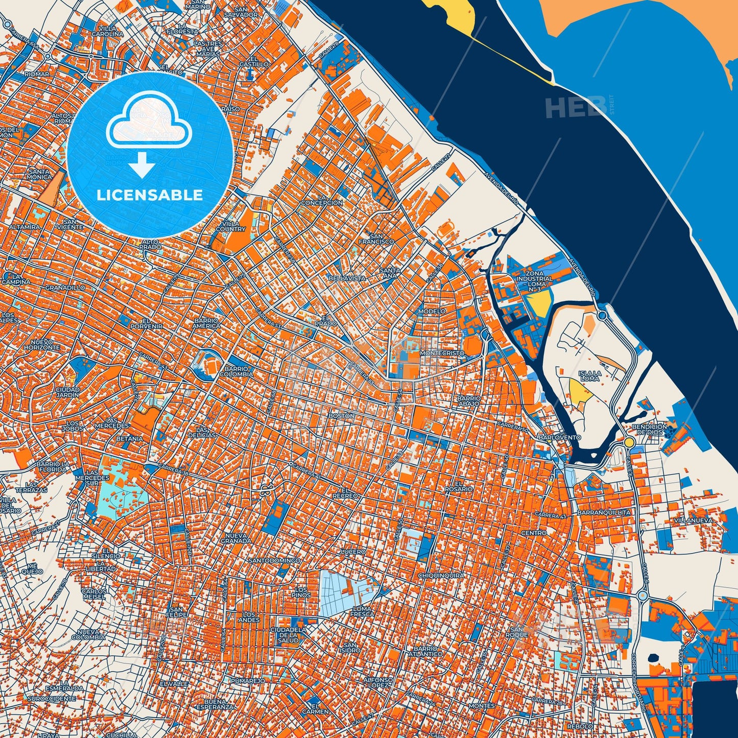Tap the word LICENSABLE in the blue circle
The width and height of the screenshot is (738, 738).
[x=150, y=195]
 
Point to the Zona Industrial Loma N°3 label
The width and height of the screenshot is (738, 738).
[x=534, y=280]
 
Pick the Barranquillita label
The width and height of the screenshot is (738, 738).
[x=604, y=512]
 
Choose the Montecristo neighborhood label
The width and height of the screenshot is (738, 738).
[x=442, y=353]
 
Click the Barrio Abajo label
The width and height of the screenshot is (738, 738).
[x=469, y=400]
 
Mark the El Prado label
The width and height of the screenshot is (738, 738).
[x=326, y=320]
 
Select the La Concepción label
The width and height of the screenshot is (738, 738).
[x=322, y=200]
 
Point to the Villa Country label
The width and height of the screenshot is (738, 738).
[x=230, y=226]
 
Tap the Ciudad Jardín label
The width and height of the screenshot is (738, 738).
[x=67, y=392]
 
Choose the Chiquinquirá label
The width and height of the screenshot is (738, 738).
[x=441, y=575]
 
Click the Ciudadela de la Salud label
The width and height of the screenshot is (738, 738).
[x=288, y=635]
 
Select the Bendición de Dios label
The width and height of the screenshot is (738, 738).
[x=649, y=429]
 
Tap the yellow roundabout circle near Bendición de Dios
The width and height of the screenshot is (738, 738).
[x=629, y=442]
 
